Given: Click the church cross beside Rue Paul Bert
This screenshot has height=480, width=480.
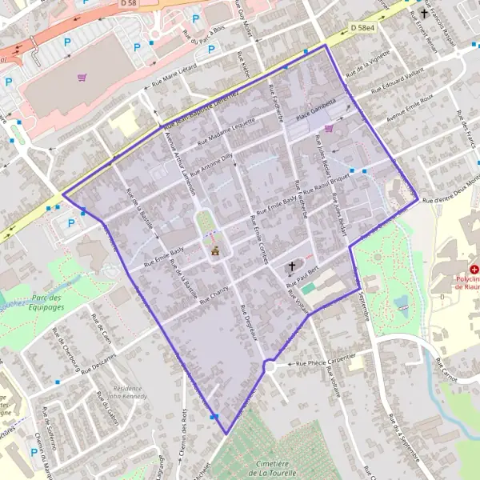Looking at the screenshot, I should (292, 266).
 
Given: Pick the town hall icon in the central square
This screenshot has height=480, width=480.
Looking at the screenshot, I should (214, 251).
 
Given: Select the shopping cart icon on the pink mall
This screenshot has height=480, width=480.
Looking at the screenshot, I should (82, 77).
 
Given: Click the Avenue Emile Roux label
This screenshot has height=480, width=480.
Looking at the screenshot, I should (409, 109).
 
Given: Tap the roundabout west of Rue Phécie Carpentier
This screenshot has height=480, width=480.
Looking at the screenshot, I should (269, 367).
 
